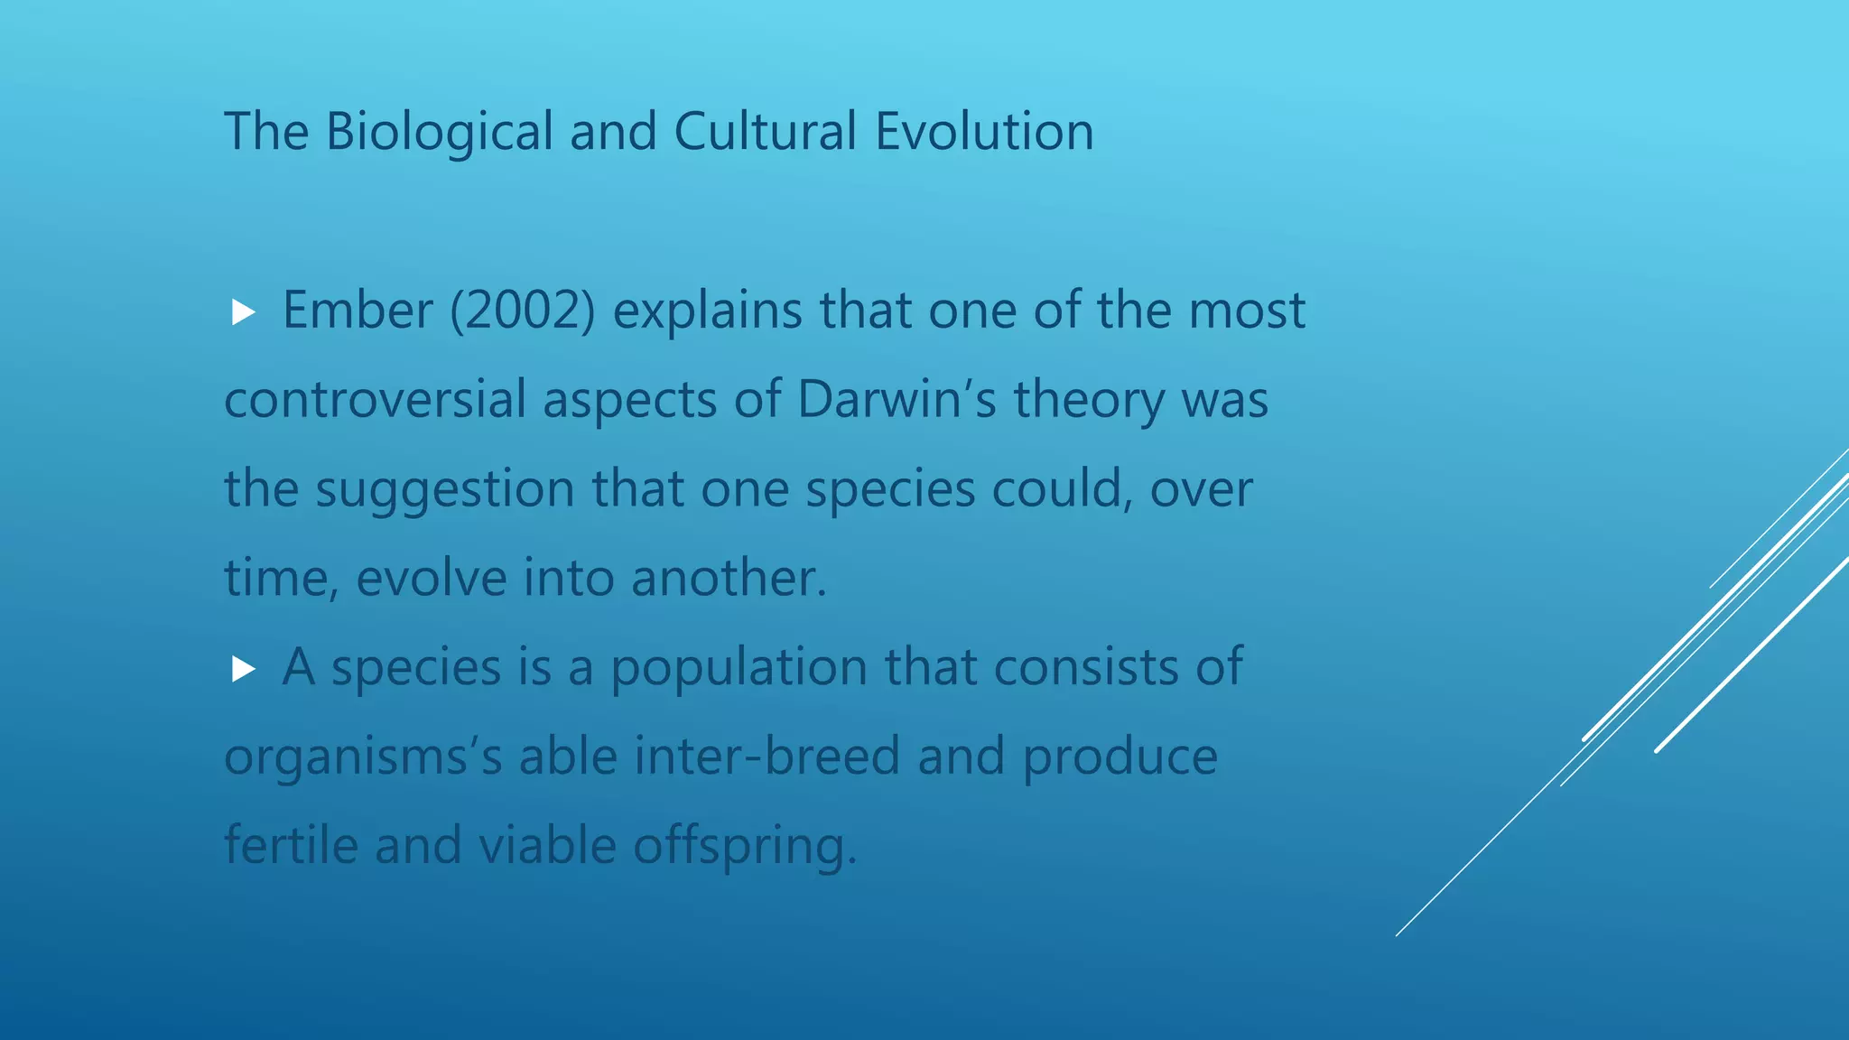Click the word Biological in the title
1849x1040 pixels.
click(439, 132)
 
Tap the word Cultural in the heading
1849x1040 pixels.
click(764, 132)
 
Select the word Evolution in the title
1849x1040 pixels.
click(984, 132)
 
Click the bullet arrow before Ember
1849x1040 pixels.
click(243, 313)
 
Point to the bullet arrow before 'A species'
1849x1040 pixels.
click(243, 669)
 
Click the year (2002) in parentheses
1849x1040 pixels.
click(523, 311)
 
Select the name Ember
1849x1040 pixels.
click(358, 311)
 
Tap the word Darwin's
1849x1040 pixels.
click(897, 399)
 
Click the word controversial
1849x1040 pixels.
click(375, 399)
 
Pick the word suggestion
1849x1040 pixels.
click(444, 489)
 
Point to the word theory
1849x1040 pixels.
click(1089, 399)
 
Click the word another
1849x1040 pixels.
click(728, 578)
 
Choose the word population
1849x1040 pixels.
click(739, 668)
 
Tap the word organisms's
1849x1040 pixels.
click(363, 757)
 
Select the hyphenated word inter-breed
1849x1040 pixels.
click(767, 757)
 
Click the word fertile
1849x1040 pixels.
click(291, 845)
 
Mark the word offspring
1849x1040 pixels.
click(744, 845)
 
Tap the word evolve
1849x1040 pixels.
click(432, 578)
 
